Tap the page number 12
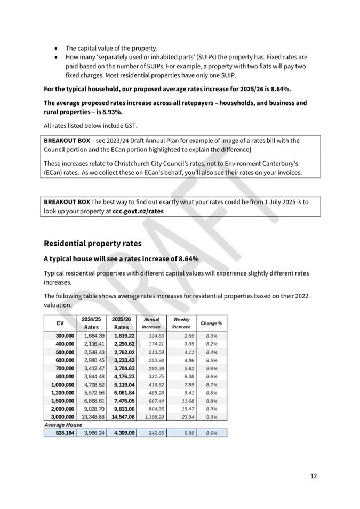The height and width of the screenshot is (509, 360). coord(313,475)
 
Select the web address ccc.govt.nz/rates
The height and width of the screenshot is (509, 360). coord(138,211)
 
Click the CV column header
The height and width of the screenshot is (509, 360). coord(60,323)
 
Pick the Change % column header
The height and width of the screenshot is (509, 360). coord(211,323)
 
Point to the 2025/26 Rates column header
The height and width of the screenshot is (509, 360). coord(122,323)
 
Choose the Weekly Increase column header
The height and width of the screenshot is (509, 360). coord(181,323)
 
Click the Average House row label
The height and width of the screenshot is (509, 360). coord(63,425)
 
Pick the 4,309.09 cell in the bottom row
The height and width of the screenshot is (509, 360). coord(123,433)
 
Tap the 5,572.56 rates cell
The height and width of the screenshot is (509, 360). coord(93,392)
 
